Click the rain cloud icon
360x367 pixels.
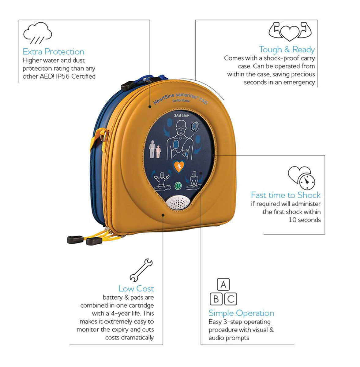tap(37, 33)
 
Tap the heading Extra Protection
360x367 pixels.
tap(54, 52)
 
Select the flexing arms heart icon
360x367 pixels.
tap(290, 32)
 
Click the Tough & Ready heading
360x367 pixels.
tap(287, 50)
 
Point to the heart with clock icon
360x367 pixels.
tap(301, 178)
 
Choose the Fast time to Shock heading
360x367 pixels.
tap(286, 195)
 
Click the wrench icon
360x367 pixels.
tap(141, 270)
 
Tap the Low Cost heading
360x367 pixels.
tap(136, 288)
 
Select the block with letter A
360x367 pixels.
tap(223, 284)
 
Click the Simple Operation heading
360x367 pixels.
tap(242, 313)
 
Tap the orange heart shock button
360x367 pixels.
tap(179, 166)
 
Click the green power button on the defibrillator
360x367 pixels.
tap(178, 185)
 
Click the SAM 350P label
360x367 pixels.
tap(181, 116)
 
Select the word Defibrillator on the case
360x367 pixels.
tap(181, 101)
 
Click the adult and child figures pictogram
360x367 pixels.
tap(155, 149)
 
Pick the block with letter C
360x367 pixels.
tap(231, 299)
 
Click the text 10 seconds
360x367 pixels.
tap(305, 220)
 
